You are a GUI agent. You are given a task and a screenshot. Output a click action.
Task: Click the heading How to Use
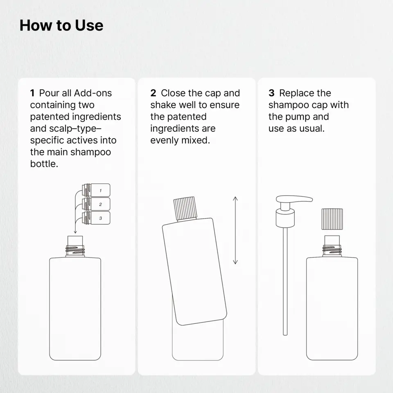(61, 25)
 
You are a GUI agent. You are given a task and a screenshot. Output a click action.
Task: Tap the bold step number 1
(32, 93)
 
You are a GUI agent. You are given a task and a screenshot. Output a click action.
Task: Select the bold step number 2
(153, 93)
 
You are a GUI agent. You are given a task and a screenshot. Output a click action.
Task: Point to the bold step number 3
(271, 93)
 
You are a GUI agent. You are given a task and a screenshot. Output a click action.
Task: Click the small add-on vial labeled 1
(96, 190)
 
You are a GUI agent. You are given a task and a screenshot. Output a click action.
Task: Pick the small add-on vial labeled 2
(96, 204)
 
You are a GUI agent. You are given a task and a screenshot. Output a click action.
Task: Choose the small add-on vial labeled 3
(96, 218)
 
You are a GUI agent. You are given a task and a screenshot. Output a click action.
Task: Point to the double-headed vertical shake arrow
(235, 230)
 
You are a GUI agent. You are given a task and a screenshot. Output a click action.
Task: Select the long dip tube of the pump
(285, 281)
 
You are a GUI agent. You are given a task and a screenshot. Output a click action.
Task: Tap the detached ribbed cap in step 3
(332, 219)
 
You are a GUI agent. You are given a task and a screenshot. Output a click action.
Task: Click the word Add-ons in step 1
(93, 93)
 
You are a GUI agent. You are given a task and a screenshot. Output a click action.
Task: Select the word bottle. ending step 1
(44, 164)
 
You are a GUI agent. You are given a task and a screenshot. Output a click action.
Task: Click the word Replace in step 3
(297, 93)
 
